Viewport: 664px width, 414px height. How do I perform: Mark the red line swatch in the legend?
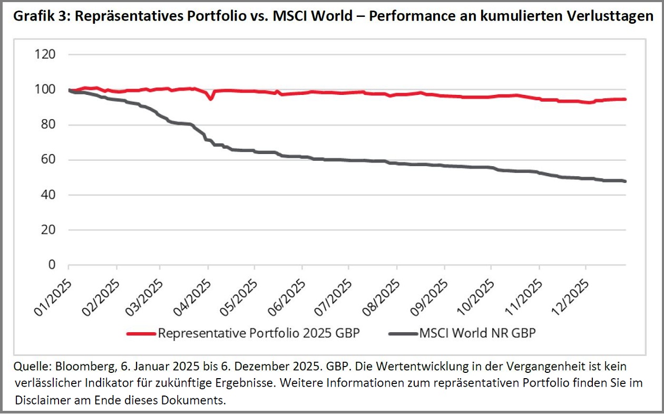[141, 333]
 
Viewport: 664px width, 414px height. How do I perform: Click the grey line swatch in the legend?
[403, 333]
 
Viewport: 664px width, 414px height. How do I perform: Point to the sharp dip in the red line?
[211, 98]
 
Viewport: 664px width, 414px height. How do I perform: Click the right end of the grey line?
[625, 181]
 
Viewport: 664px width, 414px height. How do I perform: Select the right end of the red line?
[625, 99]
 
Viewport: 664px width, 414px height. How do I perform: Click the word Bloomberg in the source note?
[79, 367]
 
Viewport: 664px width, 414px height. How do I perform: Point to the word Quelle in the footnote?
[29, 367]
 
